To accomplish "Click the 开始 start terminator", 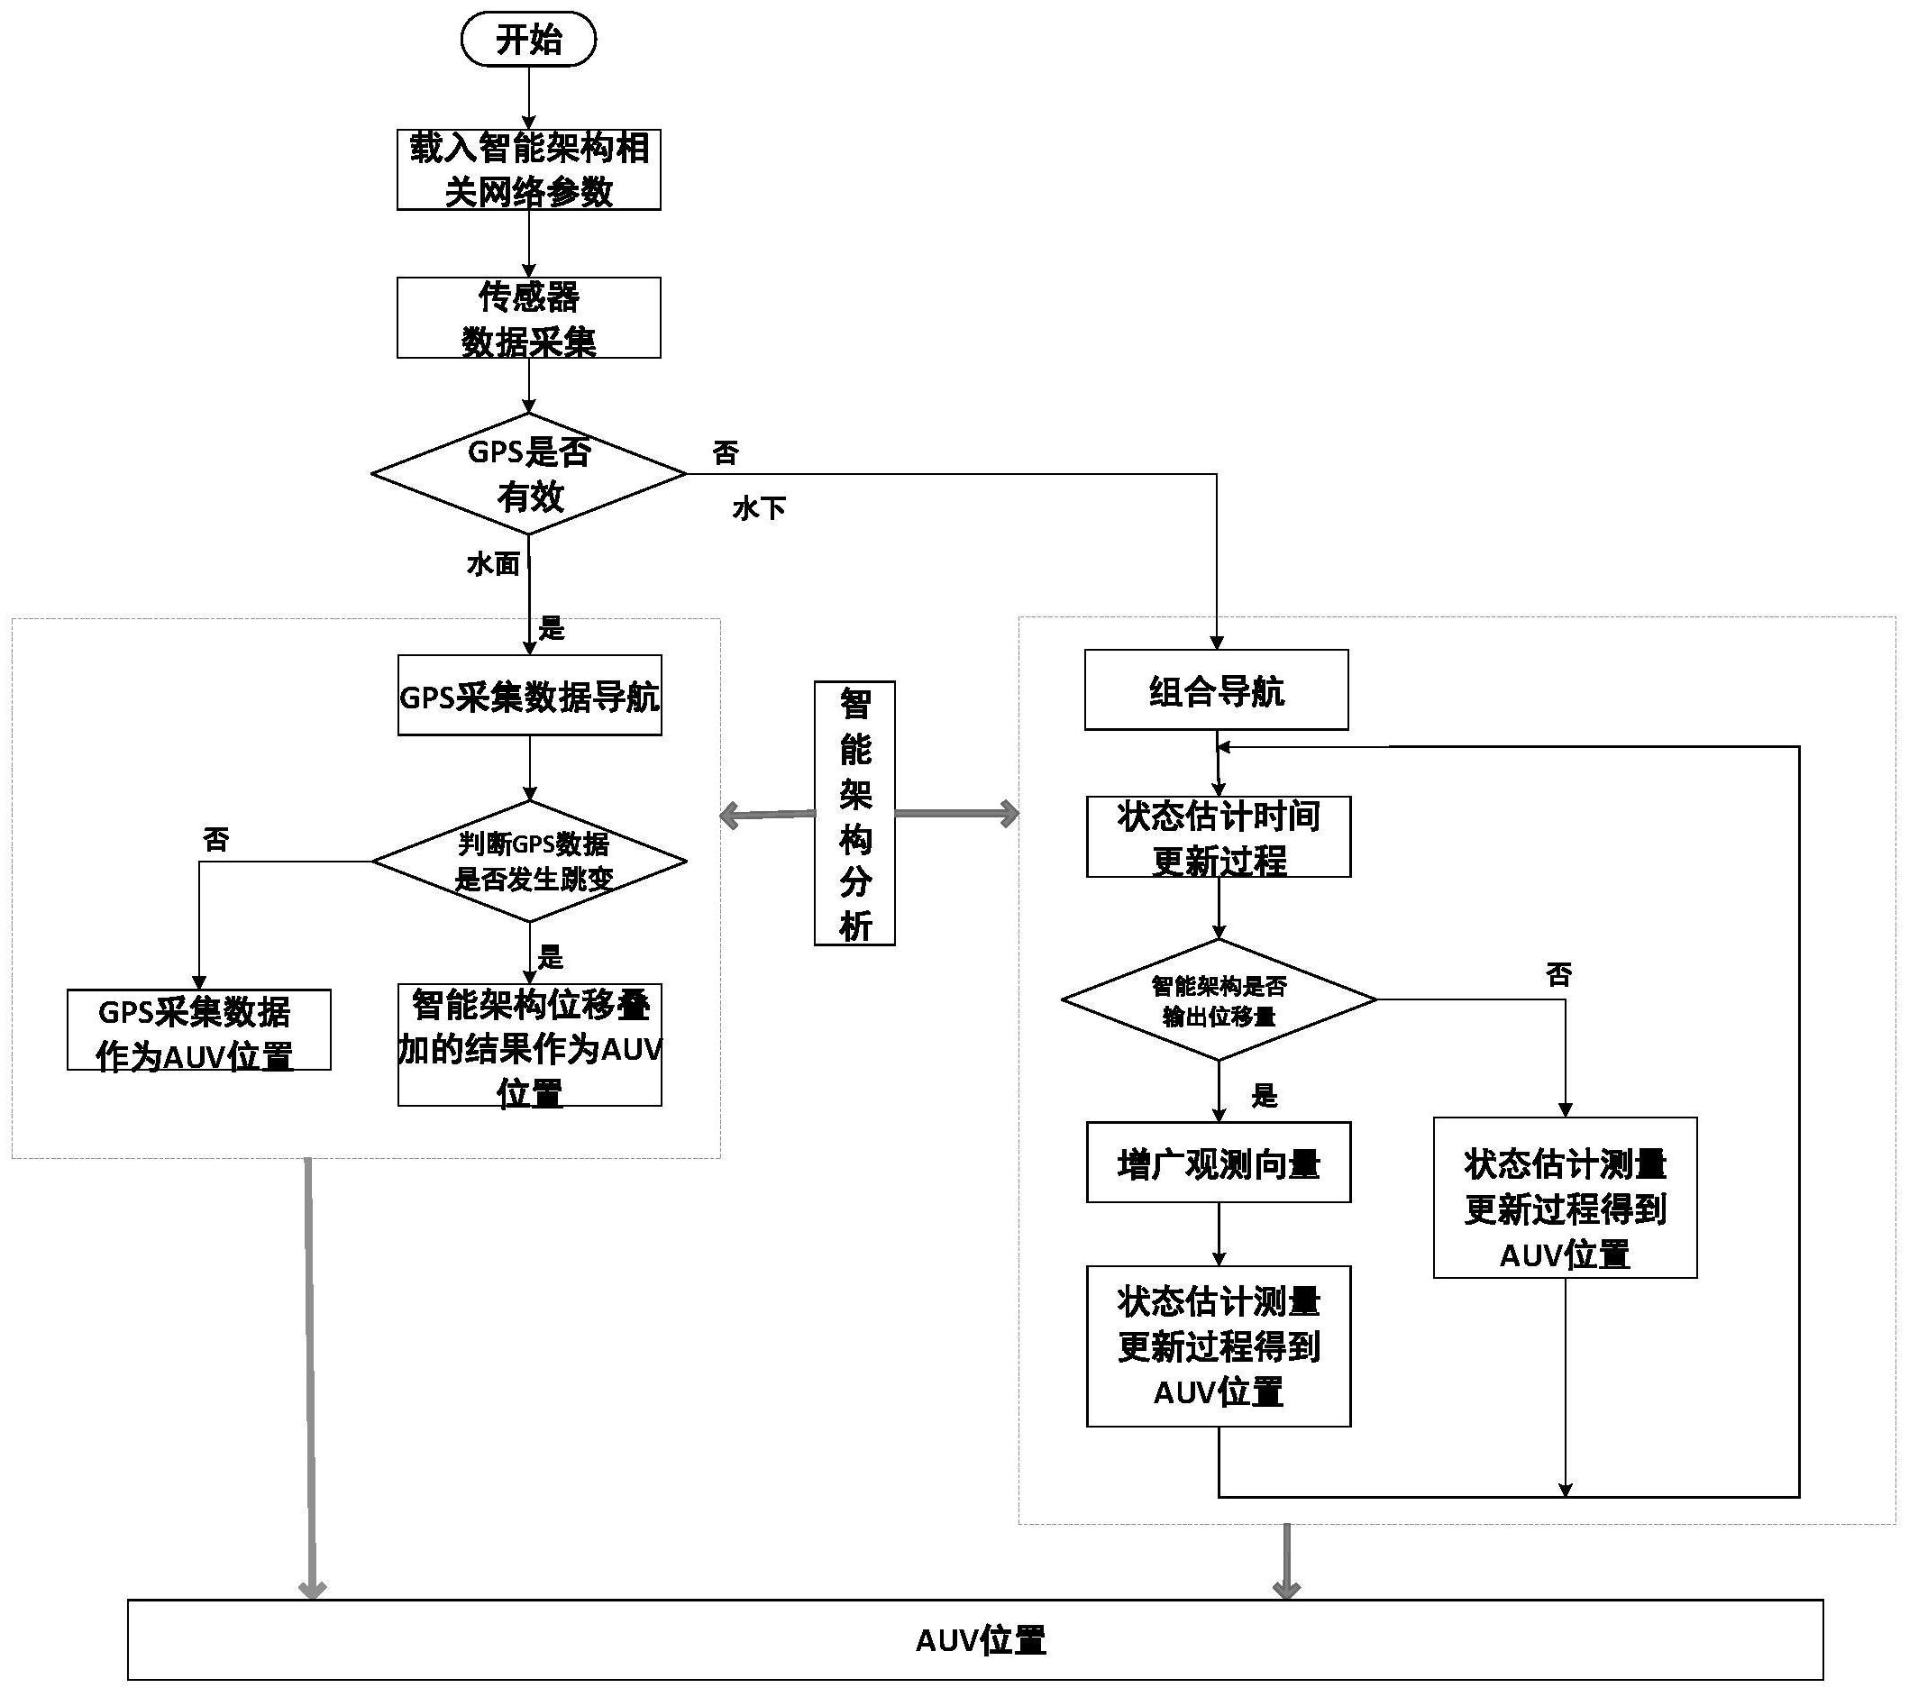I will coord(527,40).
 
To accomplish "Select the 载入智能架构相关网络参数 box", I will coord(528,169).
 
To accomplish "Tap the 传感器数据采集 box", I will coord(528,317).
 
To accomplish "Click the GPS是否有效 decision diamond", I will coord(528,473).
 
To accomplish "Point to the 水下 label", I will coord(758,508).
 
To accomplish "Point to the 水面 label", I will coord(493,564).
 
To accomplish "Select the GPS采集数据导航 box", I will coord(530,696).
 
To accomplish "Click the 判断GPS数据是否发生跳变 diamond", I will coord(530,860).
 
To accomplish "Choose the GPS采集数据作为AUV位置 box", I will coord(198,1030).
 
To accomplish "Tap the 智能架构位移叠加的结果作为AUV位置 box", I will coord(530,1045).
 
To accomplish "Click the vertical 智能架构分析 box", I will coord(854,814).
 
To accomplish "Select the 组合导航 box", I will coord(1216,690).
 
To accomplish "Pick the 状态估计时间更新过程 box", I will coord(1218,837).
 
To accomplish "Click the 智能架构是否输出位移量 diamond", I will coord(1218,999).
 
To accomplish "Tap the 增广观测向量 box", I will coord(1218,1163).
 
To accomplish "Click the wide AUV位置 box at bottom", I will coord(975,1639).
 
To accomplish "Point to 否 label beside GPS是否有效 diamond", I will coord(726,453).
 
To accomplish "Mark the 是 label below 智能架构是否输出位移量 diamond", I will coord(1264,1096).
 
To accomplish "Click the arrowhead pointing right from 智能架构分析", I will coord(1009,814).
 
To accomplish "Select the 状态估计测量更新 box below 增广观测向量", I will coord(1218,1346).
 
